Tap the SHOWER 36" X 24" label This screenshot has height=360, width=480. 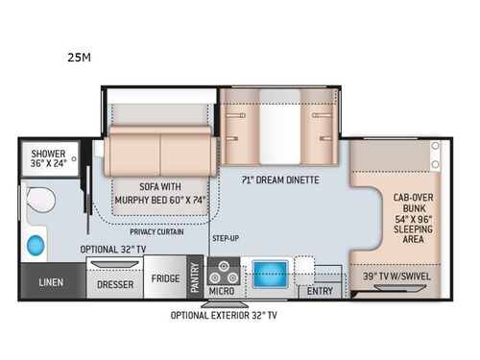pos(47,158)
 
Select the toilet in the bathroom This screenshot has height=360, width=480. pos(39,202)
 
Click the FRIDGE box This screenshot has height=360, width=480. pos(165,279)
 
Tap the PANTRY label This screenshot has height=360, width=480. pos(193,278)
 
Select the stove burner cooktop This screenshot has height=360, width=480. pos(222,270)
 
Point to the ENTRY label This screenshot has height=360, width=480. pos(320,291)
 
